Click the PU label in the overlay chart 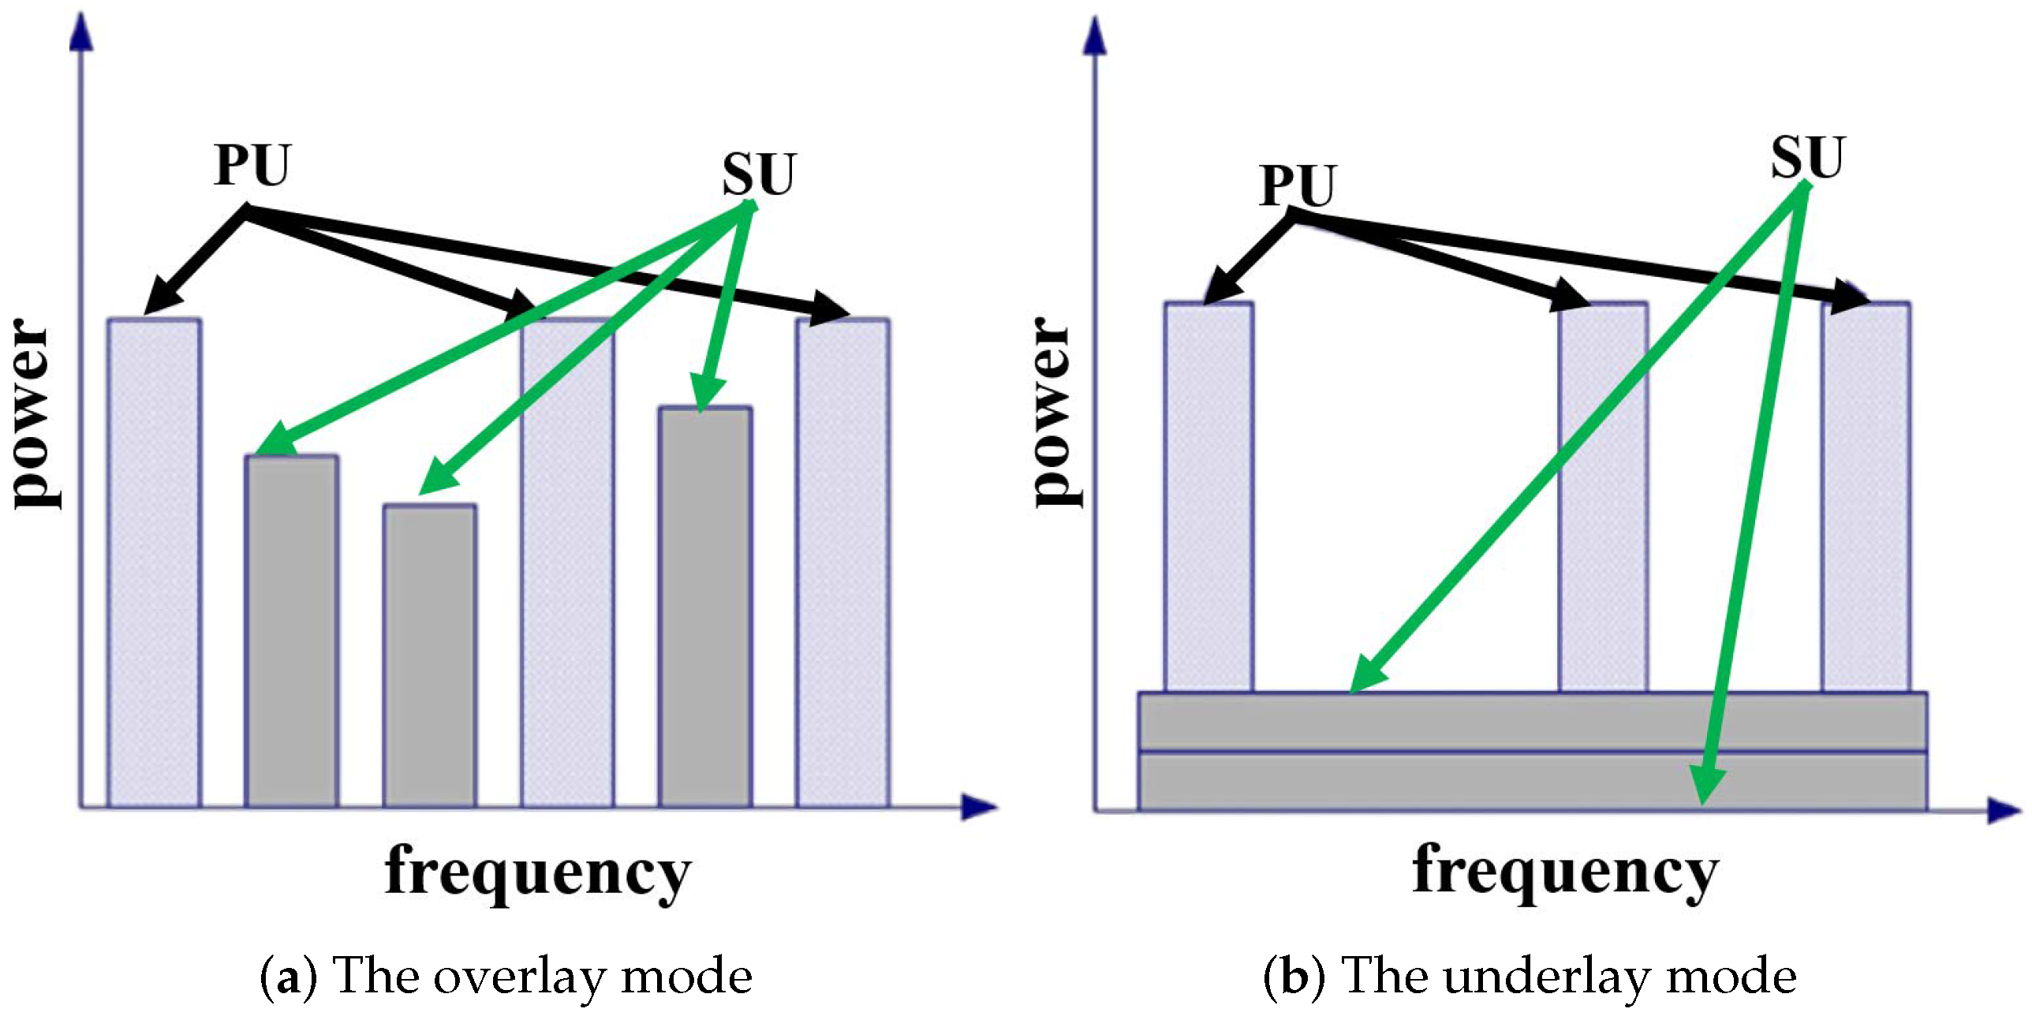(252, 166)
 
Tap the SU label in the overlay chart (759, 174)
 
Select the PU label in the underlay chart (1297, 185)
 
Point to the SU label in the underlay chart (1807, 157)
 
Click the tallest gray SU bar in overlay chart (705, 607)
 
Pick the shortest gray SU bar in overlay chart (430, 655)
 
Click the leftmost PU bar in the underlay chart (1208, 497)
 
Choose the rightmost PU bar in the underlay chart (1866, 497)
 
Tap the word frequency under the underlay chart (1565, 872)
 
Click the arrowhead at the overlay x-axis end (980, 807)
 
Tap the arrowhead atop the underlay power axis (1094, 35)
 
